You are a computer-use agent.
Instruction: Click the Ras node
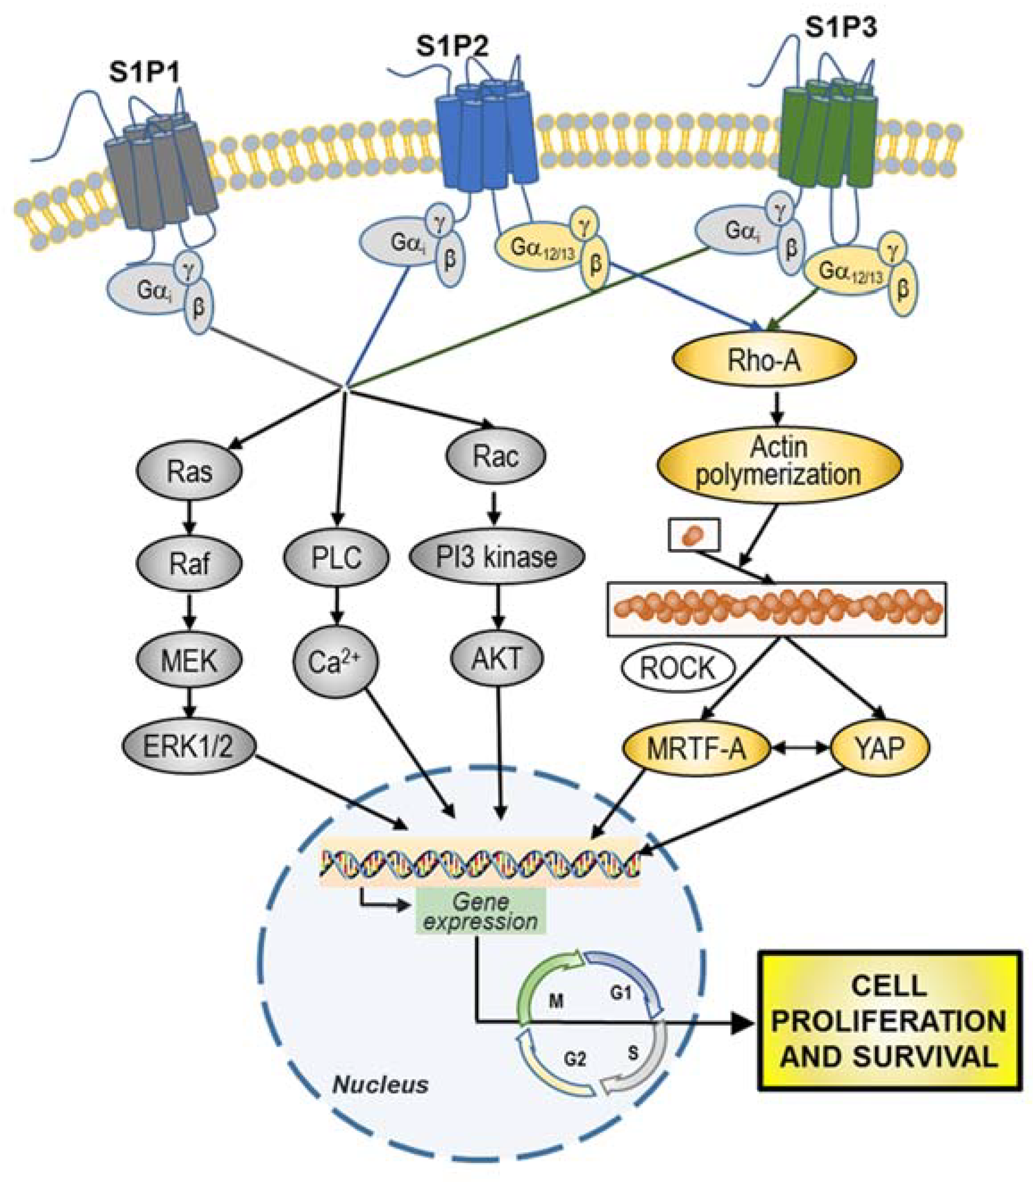pos(189,472)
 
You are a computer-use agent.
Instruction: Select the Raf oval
pos(189,564)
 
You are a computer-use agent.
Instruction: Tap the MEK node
pos(189,661)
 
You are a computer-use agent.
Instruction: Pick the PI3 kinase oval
pos(496,557)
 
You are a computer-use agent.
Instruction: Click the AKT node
pos(496,658)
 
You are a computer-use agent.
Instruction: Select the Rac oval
pos(496,456)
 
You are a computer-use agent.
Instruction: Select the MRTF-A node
pos(696,748)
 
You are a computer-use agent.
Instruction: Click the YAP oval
pos(880,748)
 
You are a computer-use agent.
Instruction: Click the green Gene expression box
pos(480,911)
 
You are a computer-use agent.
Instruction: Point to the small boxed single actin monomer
pos(694,535)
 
